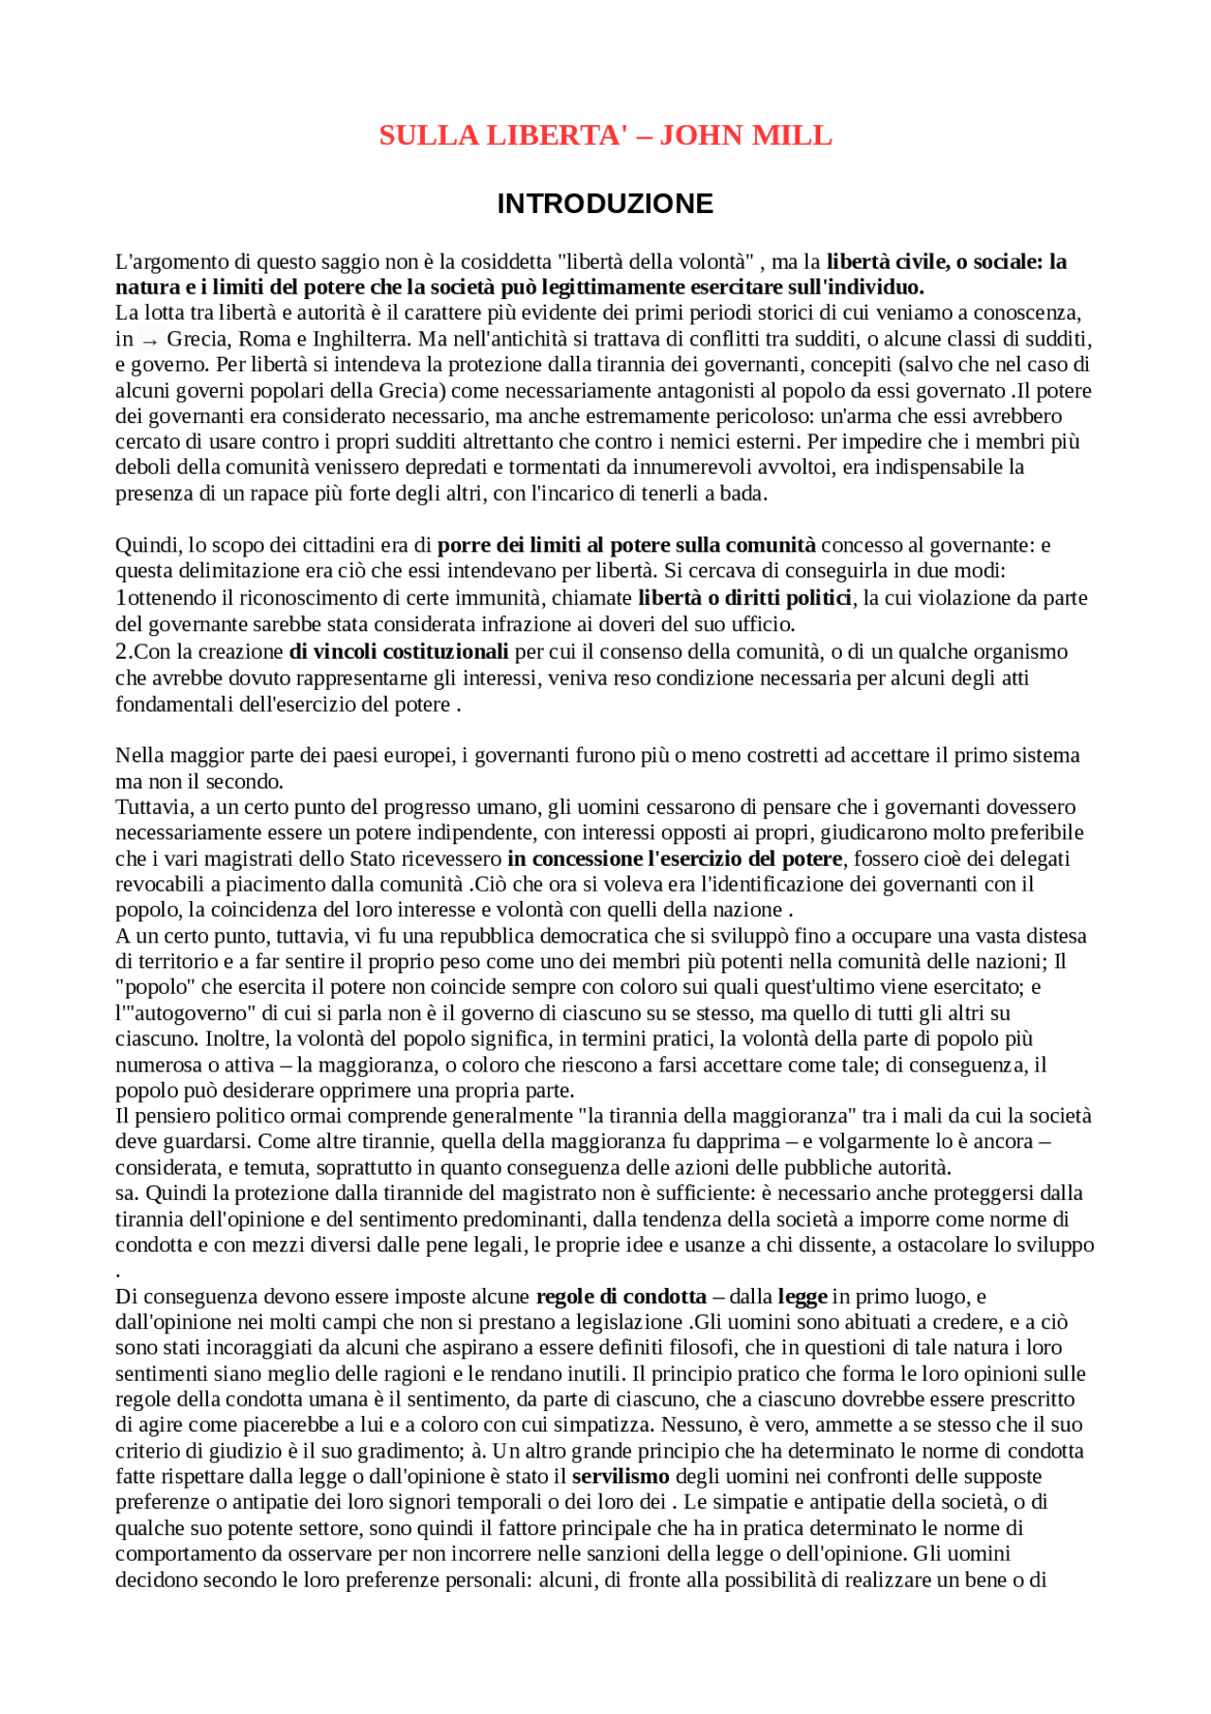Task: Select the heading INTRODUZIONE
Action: (605, 203)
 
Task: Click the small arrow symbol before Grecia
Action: (149, 340)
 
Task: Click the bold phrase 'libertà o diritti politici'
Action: (745, 597)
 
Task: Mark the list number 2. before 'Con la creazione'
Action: (124, 651)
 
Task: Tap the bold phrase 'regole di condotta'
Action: (621, 1296)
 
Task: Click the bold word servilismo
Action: (621, 1476)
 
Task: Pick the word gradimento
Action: (357, 1451)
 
